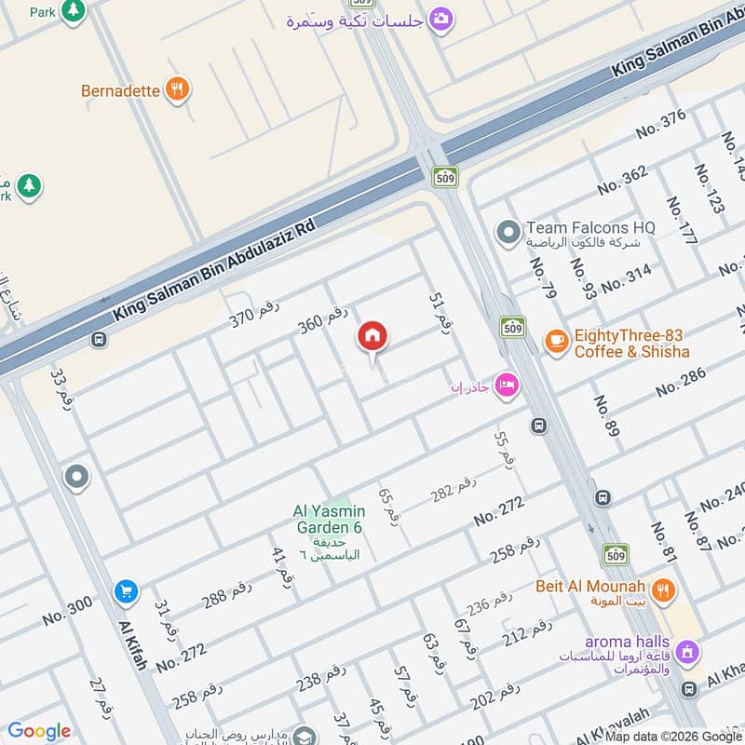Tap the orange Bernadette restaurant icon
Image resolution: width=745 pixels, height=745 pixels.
tap(177, 90)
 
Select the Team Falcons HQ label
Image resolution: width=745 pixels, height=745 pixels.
tap(590, 227)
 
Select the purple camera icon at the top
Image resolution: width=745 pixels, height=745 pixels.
tap(441, 19)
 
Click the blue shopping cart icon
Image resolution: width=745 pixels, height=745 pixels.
tap(126, 591)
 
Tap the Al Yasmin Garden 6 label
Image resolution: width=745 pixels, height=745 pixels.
tap(329, 520)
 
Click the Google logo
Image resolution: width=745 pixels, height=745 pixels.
tap(39, 731)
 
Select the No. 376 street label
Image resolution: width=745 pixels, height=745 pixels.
tap(660, 125)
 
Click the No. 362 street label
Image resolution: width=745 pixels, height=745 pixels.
tap(622, 180)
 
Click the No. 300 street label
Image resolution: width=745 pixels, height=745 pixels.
tap(67, 612)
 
